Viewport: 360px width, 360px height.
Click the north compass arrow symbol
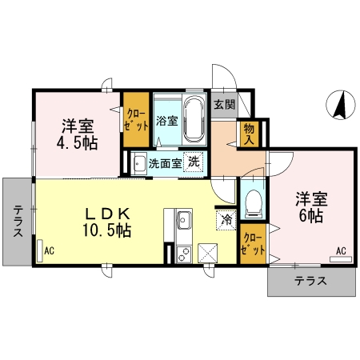click(x=341, y=105)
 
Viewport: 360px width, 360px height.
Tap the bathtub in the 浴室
click(x=194, y=119)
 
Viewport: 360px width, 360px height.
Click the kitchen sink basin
click(x=184, y=220)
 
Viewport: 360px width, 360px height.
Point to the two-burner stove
click(x=184, y=254)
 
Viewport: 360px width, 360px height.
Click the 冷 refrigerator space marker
click(x=226, y=220)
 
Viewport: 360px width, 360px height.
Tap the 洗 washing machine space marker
click(x=194, y=162)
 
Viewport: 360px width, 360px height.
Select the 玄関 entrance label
click(x=225, y=105)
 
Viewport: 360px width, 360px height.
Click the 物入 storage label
click(x=249, y=134)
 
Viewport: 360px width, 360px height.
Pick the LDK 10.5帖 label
click(x=107, y=222)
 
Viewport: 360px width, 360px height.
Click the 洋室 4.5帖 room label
click(x=78, y=134)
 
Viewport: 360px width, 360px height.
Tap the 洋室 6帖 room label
click(x=311, y=207)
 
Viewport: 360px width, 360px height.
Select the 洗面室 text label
click(x=165, y=163)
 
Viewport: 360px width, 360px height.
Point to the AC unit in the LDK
click(x=40, y=251)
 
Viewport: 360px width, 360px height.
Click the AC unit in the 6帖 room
click(x=341, y=259)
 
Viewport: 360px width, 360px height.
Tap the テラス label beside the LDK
click(x=18, y=221)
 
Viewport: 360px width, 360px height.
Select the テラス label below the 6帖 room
click(x=310, y=281)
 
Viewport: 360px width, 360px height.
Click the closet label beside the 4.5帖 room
click(x=136, y=120)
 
